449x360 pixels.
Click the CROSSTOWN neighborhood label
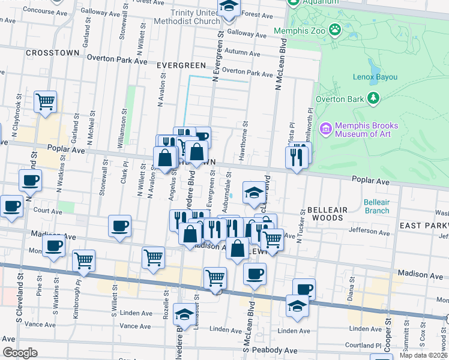(53, 53)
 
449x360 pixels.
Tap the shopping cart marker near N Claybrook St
(45, 102)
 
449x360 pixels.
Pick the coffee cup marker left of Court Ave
(10, 206)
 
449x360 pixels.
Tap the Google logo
(20, 353)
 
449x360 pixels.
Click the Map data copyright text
(423, 355)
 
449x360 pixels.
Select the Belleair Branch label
(377, 206)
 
